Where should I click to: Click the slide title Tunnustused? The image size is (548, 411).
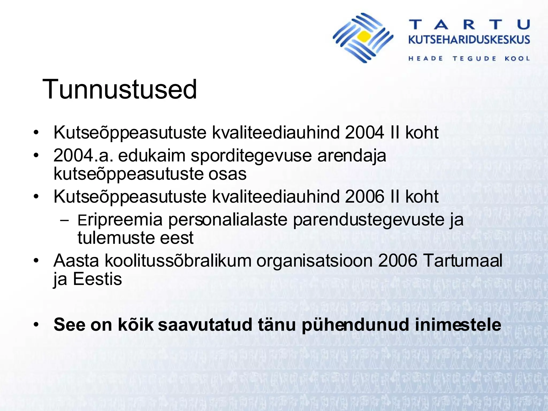[x=120, y=89]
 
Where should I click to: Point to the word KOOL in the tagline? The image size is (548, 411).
[x=517, y=59]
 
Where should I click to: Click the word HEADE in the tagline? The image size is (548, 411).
[x=426, y=59]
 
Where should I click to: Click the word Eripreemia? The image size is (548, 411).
[x=120, y=220]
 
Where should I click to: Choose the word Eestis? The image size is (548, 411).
[x=97, y=279]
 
